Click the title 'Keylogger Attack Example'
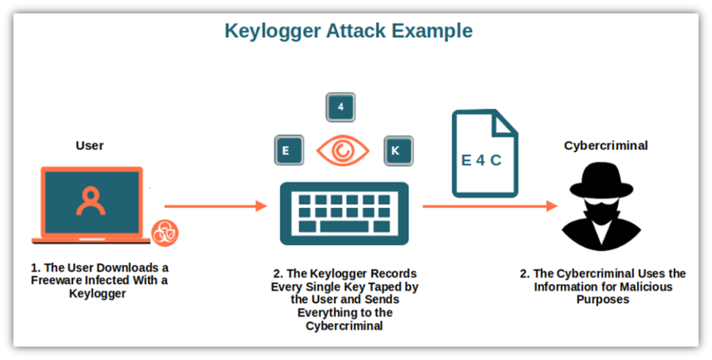(348, 31)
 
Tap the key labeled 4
(341, 107)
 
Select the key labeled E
(289, 150)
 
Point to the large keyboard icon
(343, 213)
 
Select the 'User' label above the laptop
(90, 146)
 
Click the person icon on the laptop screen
(90, 200)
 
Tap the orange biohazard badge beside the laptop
(165, 232)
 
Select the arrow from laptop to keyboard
(216, 206)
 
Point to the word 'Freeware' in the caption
(58, 281)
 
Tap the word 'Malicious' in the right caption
(648, 286)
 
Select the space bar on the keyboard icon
(343, 227)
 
